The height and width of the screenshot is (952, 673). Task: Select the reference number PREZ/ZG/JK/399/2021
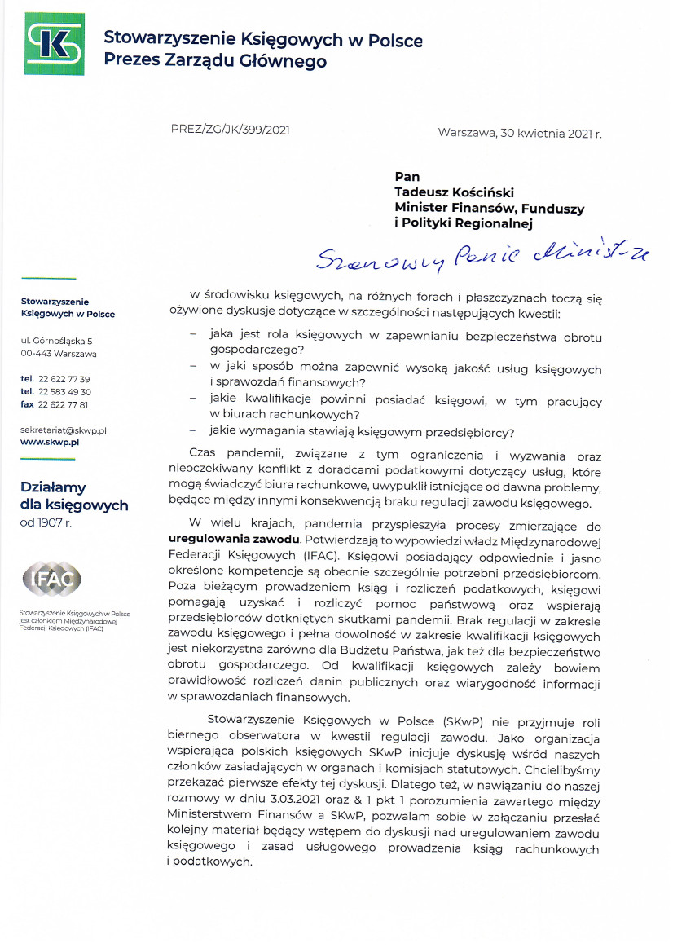(x=231, y=129)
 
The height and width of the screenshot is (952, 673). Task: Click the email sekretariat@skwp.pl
(x=64, y=429)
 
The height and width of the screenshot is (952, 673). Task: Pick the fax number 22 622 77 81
(x=64, y=404)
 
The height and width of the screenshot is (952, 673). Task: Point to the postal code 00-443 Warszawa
(x=59, y=354)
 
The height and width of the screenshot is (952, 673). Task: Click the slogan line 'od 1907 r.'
(x=46, y=522)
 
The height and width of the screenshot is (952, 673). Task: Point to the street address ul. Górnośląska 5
(x=57, y=340)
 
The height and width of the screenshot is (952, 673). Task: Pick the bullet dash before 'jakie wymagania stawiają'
(x=193, y=430)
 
